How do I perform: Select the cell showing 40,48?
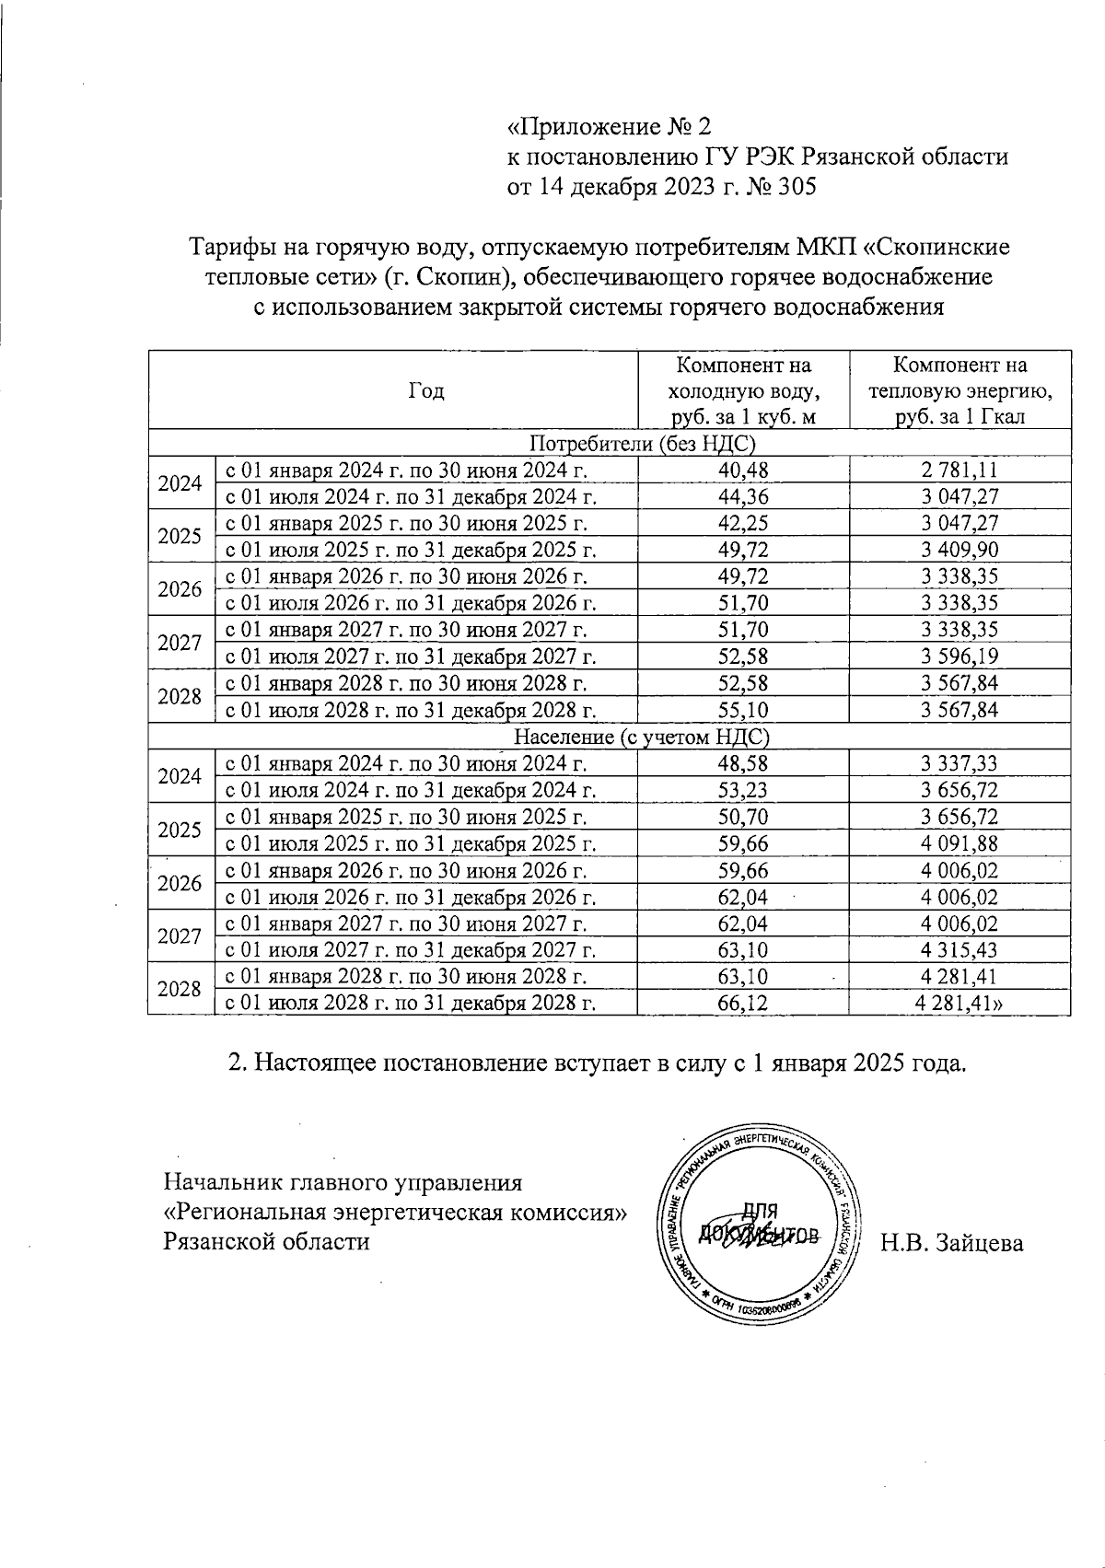(x=742, y=470)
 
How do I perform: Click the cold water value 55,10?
(x=742, y=710)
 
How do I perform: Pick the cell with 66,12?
(x=742, y=1003)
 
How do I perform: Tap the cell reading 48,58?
(x=742, y=763)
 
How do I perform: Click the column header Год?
(x=425, y=391)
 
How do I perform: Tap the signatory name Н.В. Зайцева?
(x=951, y=1243)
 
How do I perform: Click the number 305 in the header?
(x=797, y=188)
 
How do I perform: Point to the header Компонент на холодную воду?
(x=742, y=390)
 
